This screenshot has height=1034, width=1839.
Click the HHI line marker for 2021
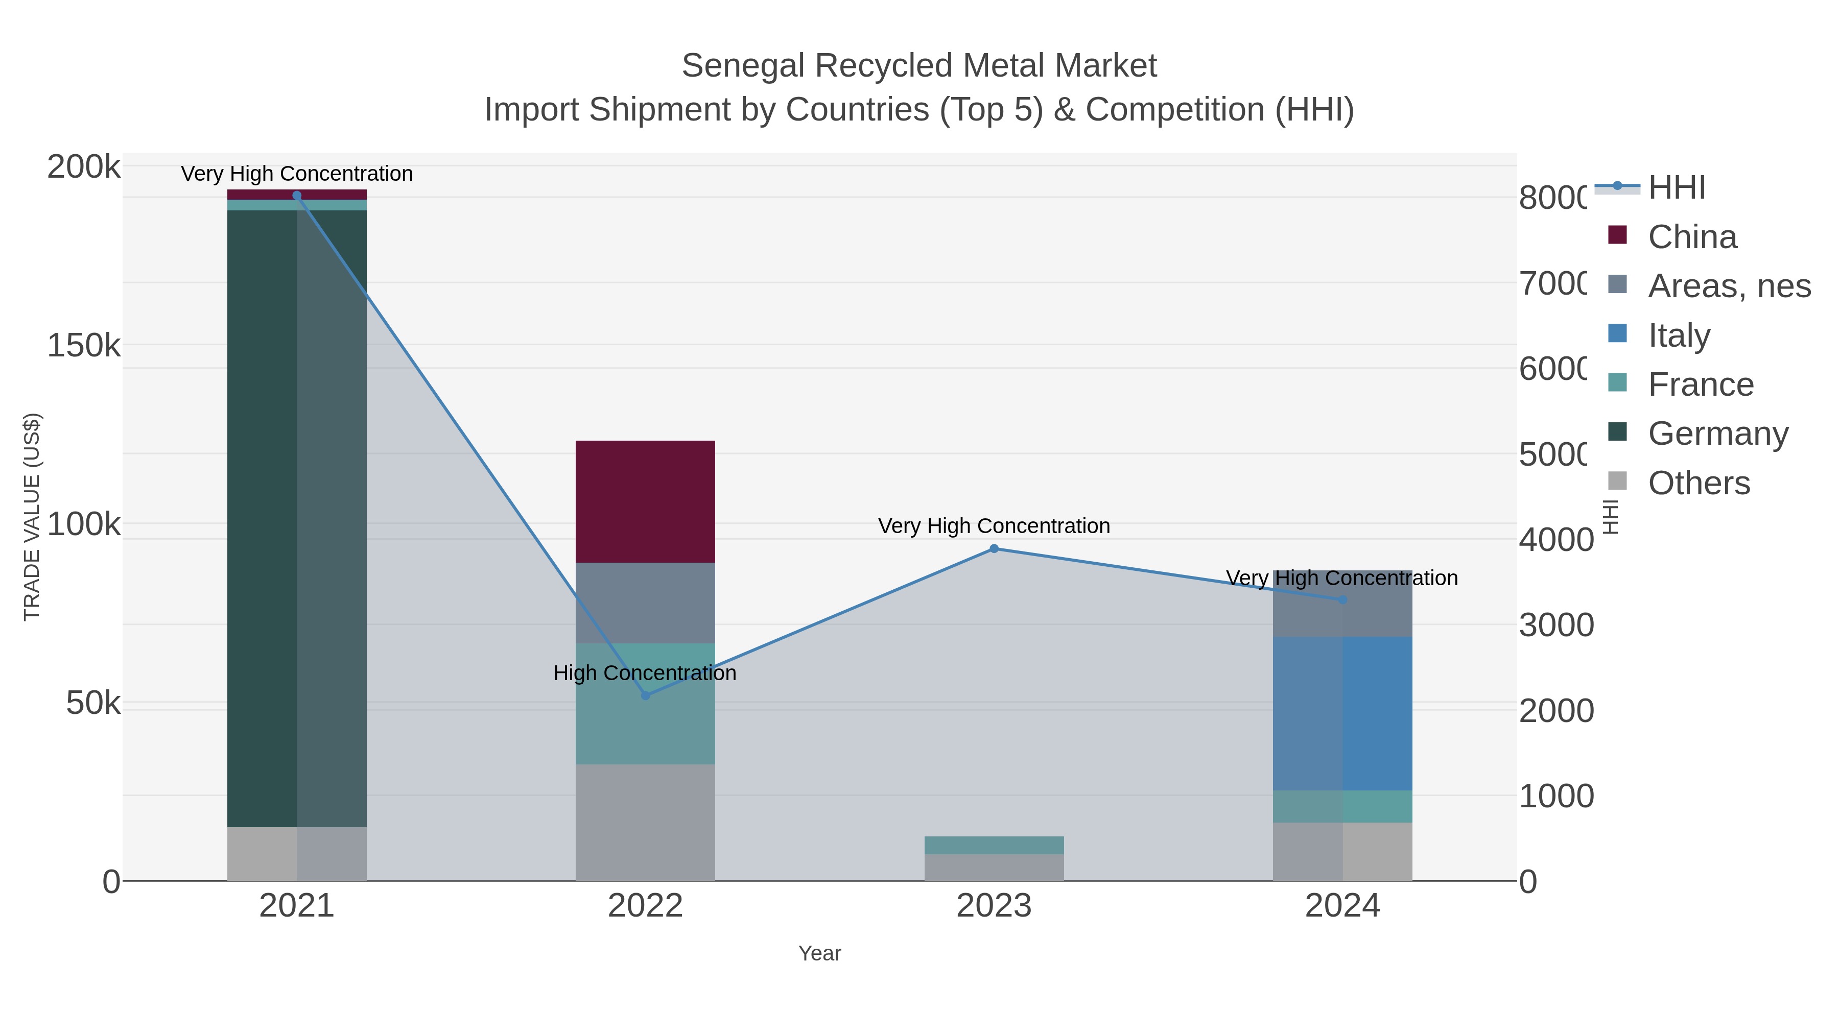pos(297,196)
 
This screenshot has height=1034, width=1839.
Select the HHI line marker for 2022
pos(645,695)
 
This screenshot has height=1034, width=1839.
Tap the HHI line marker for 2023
pos(994,549)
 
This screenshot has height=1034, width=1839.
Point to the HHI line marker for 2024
pos(1342,599)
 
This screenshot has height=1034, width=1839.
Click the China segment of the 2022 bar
pos(645,501)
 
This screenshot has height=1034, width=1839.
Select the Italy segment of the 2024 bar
pos(1342,714)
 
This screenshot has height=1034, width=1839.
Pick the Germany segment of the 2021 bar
pos(261,519)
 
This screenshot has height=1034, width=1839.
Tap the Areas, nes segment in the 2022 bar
pos(645,603)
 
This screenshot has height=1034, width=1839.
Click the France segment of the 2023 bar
pos(994,845)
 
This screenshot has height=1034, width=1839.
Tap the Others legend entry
pos(1699,483)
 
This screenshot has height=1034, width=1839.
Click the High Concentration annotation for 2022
pos(645,673)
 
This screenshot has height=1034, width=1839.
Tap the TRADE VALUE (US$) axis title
pos(32,517)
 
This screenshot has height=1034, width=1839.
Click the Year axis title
pos(819,953)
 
